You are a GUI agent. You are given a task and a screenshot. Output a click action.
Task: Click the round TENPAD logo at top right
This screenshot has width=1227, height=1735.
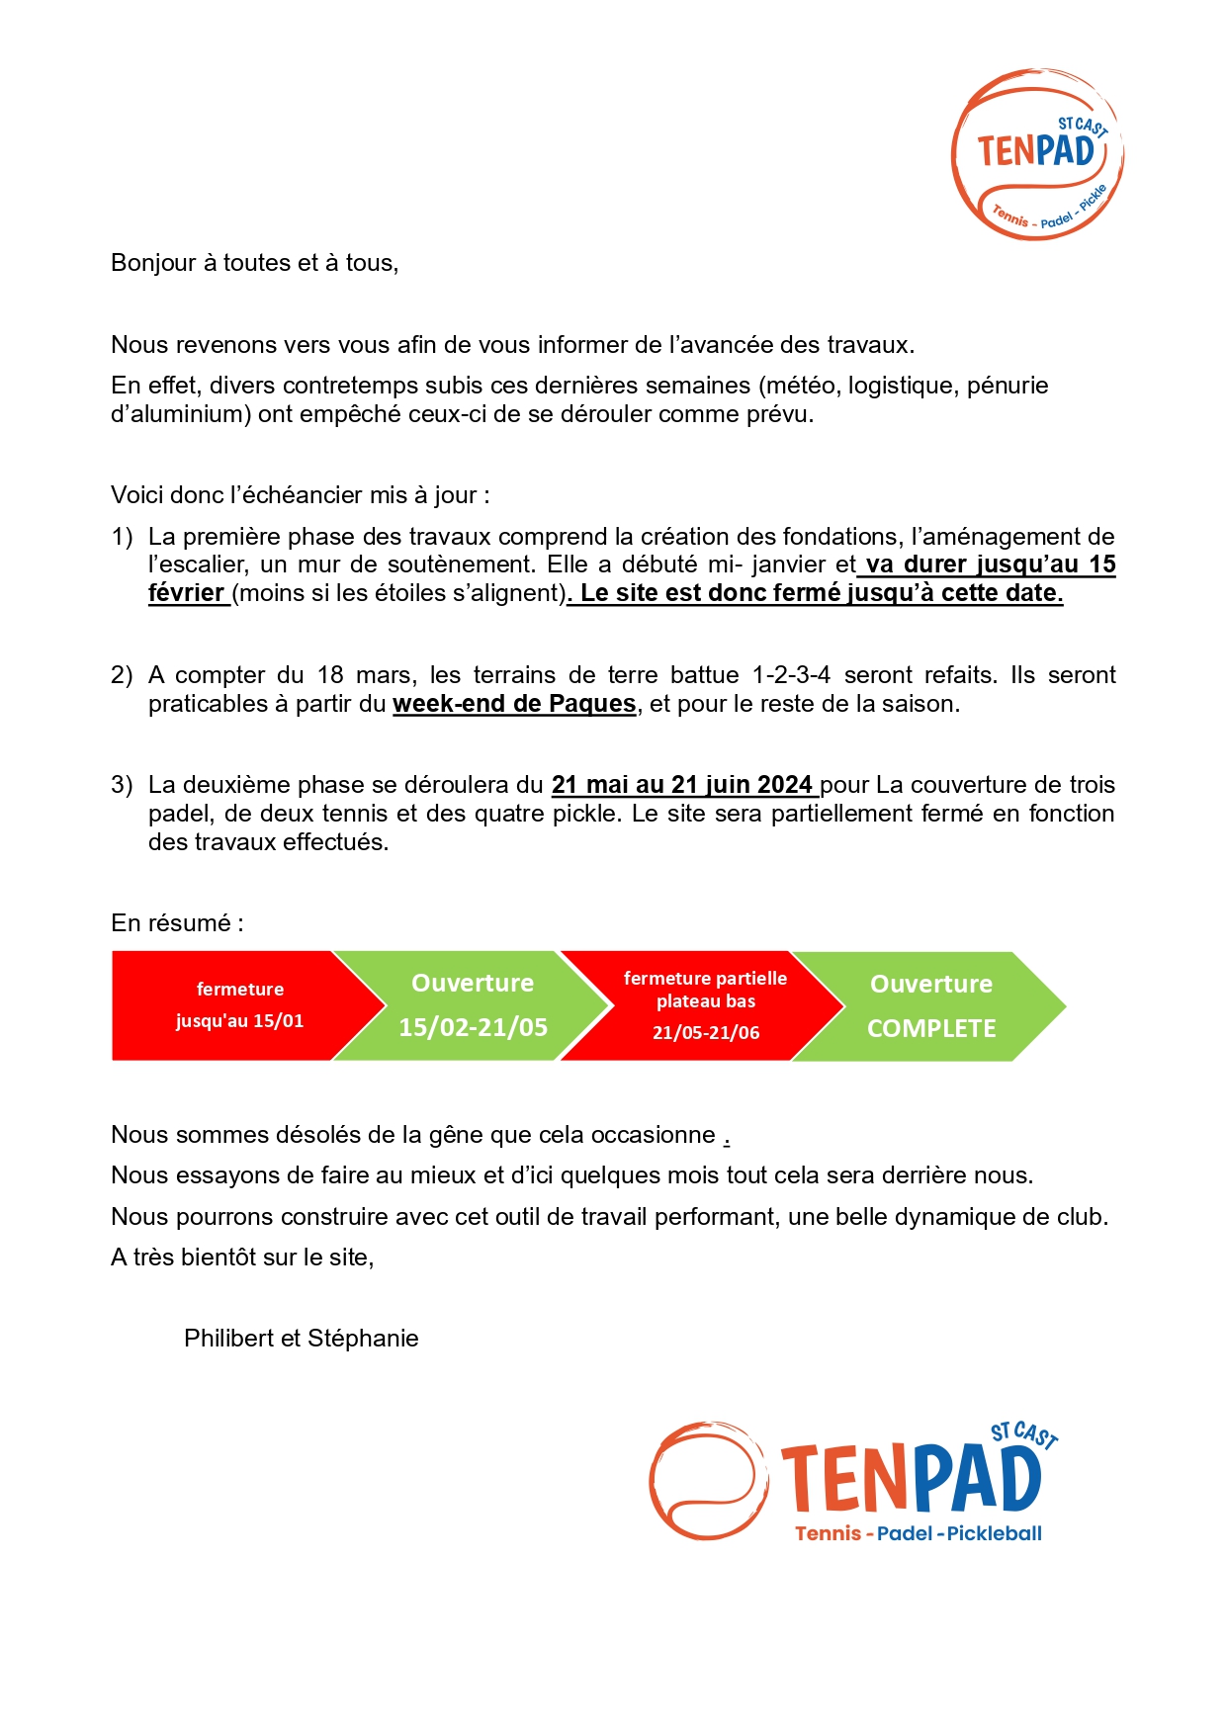1036,155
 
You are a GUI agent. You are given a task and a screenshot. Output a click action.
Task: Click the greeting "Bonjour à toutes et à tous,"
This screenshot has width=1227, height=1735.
254,263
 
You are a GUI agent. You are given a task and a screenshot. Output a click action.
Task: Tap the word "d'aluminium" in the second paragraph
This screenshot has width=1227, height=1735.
180,414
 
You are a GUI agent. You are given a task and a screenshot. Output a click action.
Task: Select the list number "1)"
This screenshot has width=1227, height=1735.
122,537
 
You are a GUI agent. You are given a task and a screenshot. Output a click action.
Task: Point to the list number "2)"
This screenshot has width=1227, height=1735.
122,675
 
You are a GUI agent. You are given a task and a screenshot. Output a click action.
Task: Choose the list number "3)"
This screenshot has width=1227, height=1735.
122,785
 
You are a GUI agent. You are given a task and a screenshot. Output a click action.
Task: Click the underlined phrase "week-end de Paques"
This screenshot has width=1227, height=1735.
514,704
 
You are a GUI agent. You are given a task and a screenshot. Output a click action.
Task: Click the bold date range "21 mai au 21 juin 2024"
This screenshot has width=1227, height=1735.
682,785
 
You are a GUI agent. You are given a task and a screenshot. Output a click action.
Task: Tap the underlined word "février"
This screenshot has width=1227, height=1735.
186,593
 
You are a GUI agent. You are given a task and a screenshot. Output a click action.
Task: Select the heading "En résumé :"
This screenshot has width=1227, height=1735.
177,923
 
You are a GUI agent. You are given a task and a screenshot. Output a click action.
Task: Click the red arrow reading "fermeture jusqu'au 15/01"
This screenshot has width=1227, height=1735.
240,1005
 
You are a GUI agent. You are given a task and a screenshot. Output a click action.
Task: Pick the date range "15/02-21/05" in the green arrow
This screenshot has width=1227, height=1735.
473,1027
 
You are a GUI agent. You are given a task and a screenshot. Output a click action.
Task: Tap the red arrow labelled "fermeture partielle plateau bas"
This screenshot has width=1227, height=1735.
705,1005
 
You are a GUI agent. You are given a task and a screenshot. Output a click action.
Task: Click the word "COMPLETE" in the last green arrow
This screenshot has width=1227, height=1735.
931,1029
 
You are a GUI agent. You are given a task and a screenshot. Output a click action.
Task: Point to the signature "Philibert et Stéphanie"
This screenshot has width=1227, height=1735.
301,1339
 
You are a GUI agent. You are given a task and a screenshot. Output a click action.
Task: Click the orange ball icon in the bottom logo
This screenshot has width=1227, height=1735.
708,1480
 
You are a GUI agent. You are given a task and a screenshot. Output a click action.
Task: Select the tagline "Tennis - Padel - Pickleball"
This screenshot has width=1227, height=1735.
919,1533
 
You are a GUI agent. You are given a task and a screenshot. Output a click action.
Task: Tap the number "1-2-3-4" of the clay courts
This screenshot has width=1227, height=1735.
791,675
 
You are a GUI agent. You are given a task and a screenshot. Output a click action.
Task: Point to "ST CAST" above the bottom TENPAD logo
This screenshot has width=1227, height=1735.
1024,1434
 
